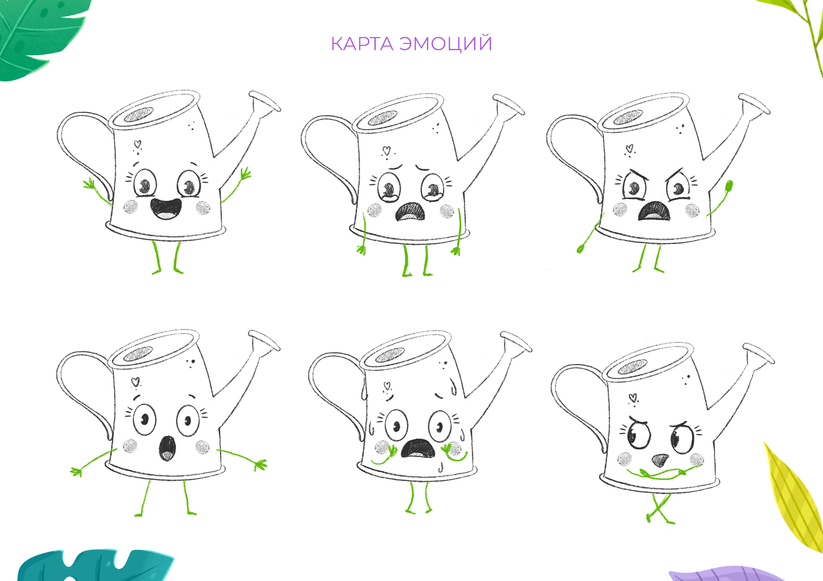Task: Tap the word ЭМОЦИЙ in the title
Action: coord(446,43)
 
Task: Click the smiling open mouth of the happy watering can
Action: coord(166,209)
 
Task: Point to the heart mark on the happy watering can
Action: coord(137,144)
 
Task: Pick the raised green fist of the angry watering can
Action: coord(729,185)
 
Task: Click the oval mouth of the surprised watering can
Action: coord(167,448)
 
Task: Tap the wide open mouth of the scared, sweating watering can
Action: coord(418,448)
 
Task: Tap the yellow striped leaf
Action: coord(792,498)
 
